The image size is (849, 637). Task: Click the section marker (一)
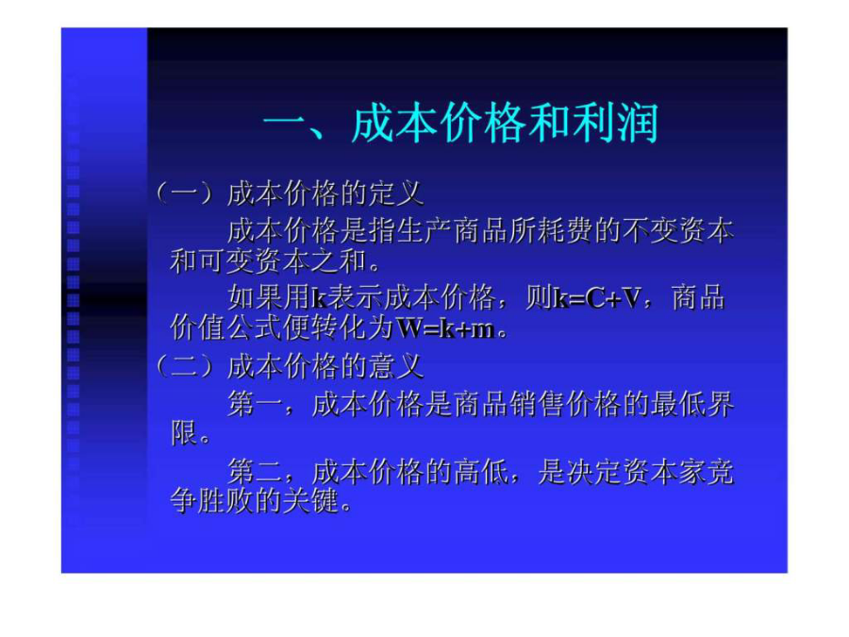(184, 193)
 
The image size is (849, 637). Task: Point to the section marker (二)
(184, 366)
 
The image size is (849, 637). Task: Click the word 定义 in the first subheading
(396, 193)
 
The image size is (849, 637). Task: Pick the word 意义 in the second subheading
(396, 366)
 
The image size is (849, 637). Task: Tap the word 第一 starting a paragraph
(255, 404)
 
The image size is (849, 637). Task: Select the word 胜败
(225, 502)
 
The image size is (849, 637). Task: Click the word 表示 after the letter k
(355, 298)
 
